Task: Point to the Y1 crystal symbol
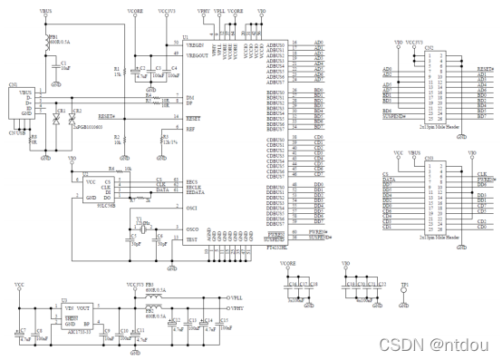point(140,222)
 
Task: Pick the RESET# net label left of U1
point(107,116)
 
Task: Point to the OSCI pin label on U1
point(192,209)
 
